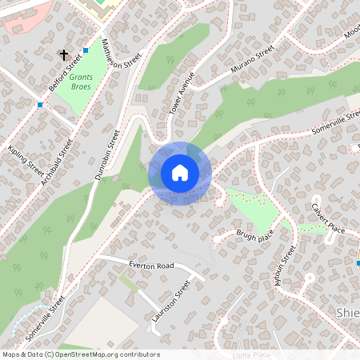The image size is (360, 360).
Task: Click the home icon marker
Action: [x=180, y=173]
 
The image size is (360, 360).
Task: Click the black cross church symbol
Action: [x=63, y=55]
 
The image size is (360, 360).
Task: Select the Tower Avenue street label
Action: [x=182, y=94]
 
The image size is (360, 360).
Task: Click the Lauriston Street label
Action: [x=171, y=301]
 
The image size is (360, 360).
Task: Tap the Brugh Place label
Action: [x=254, y=234]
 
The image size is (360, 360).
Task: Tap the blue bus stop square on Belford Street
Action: [x=86, y=50]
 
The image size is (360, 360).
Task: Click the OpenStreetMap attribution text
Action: [x=80, y=354]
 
